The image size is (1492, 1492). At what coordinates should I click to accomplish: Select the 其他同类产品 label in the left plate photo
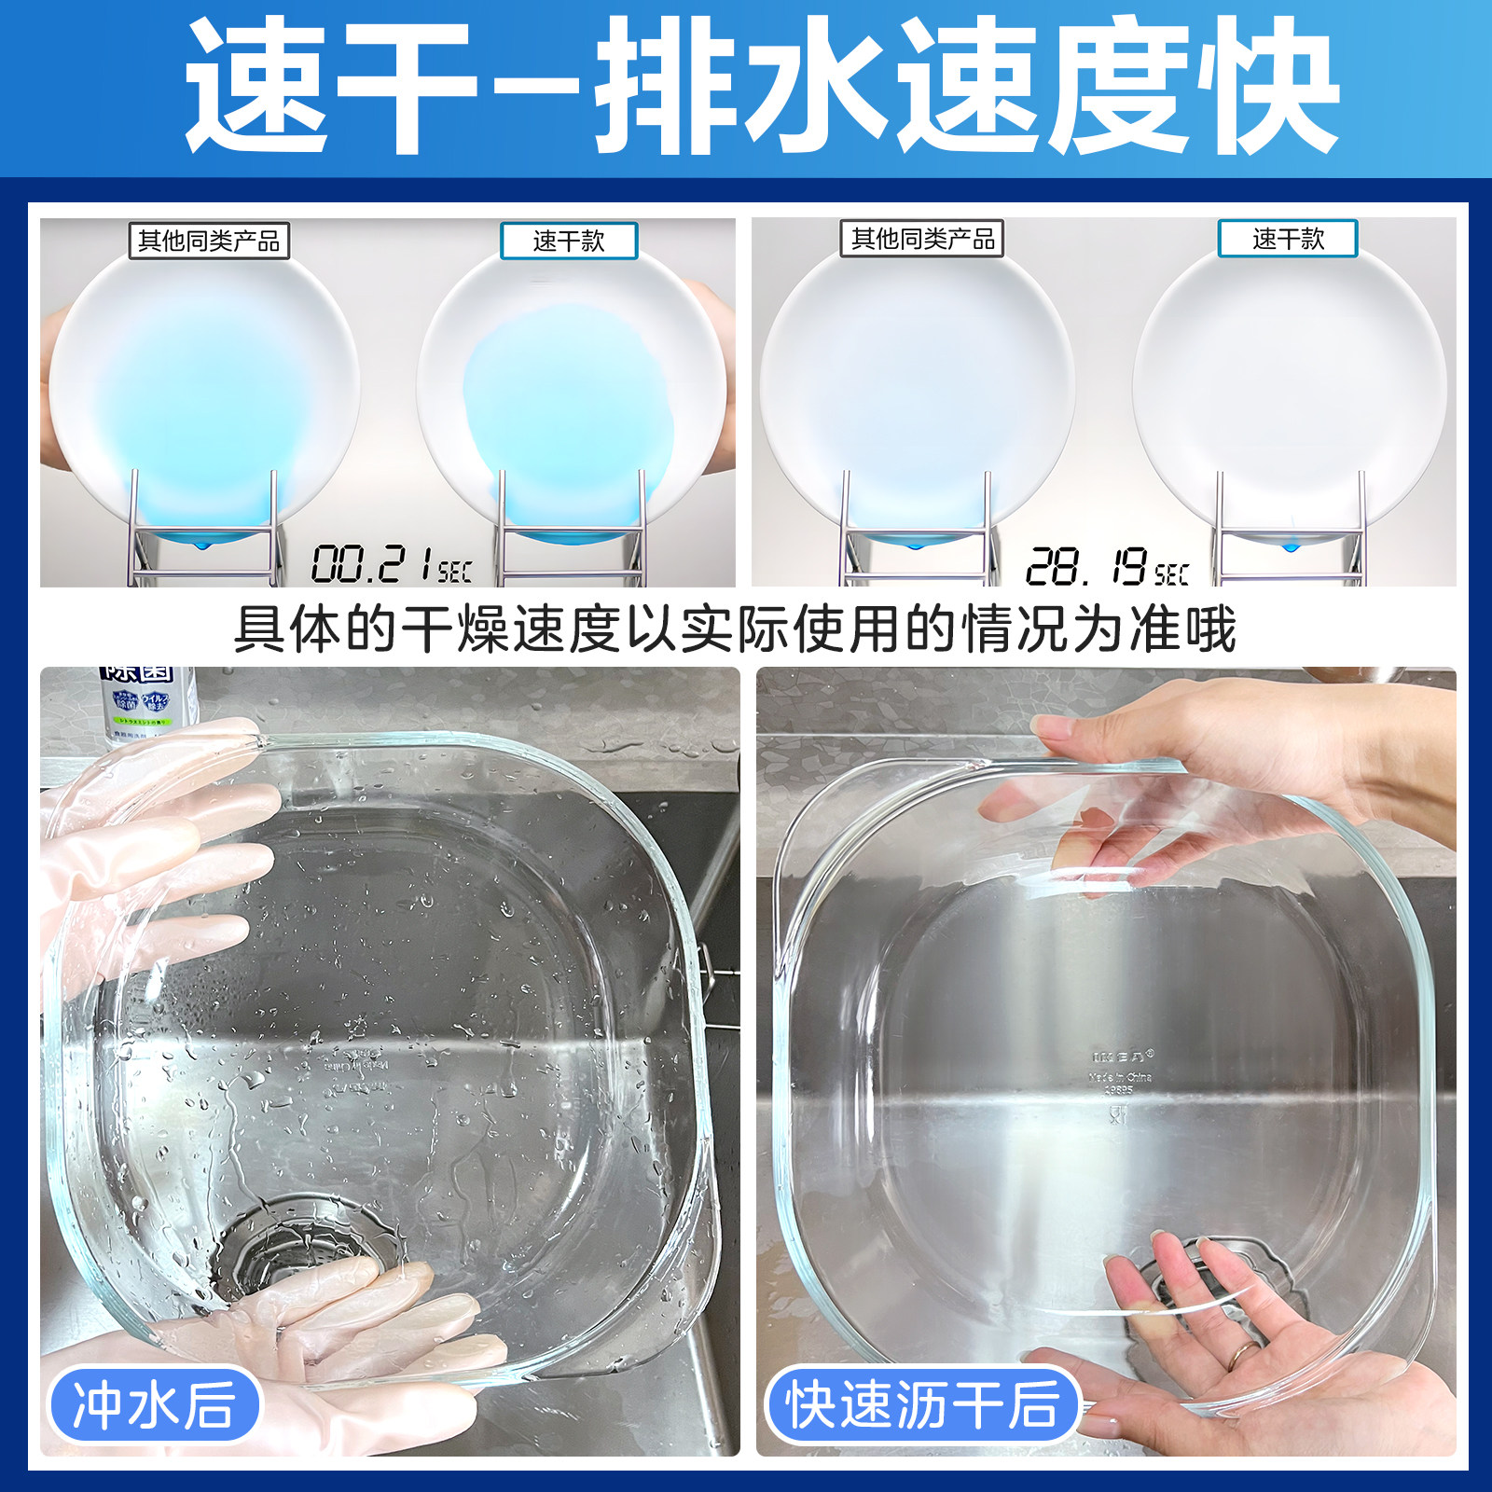click(209, 242)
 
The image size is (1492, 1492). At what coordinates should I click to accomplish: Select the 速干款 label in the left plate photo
click(569, 242)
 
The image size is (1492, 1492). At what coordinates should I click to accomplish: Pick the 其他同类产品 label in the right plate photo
click(922, 240)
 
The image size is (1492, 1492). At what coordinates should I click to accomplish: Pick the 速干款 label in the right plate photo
click(1288, 239)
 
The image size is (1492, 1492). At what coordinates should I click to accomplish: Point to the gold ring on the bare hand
click(1241, 1354)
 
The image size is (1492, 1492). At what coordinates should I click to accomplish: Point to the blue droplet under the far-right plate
click(1290, 546)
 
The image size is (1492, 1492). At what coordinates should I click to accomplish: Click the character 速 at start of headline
click(256, 89)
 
